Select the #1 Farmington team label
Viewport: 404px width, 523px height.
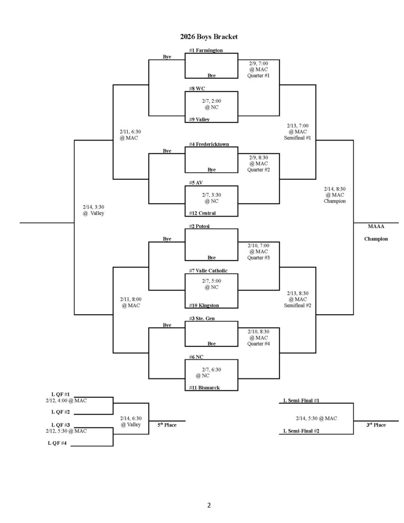click(x=205, y=50)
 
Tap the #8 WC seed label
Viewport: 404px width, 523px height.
click(x=197, y=88)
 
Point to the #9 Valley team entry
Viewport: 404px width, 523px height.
click(x=199, y=120)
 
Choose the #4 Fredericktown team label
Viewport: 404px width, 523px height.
click(x=208, y=145)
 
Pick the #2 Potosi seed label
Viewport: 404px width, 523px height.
click(x=200, y=226)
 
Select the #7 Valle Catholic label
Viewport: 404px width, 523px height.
click(x=208, y=271)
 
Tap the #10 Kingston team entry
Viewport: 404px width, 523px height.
click(x=204, y=305)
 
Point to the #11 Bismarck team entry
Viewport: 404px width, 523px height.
click(x=204, y=388)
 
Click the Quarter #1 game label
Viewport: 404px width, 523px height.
click(x=258, y=76)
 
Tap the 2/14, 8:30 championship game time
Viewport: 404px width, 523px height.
click(x=335, y=188)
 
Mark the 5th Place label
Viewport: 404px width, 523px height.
click(x=167, y=425)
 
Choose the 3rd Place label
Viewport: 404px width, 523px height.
click(x=376, y=425)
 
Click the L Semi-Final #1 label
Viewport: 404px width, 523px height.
click(x=301, y=401)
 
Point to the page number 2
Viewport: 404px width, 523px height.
click(x=208, y=506)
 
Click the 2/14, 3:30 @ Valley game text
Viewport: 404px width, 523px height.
click(x=93, y=210)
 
